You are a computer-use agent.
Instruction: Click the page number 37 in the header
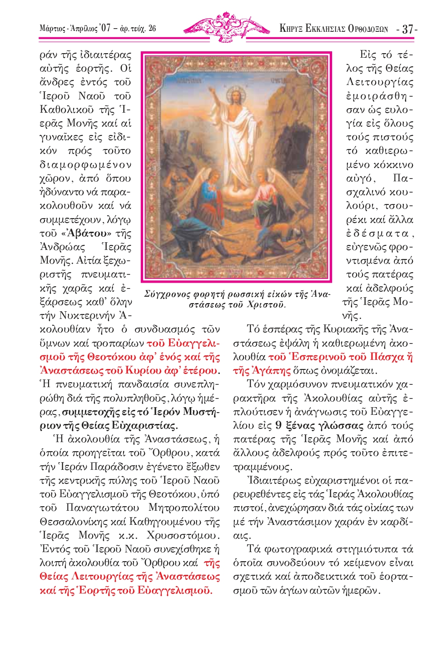click(407, 29)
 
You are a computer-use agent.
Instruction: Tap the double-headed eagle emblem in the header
click(224, 26)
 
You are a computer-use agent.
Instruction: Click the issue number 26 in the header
click(152, 28)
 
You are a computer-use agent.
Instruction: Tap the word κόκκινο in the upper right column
click(394, 164)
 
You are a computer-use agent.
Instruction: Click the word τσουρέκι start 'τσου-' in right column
click(399, 206)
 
